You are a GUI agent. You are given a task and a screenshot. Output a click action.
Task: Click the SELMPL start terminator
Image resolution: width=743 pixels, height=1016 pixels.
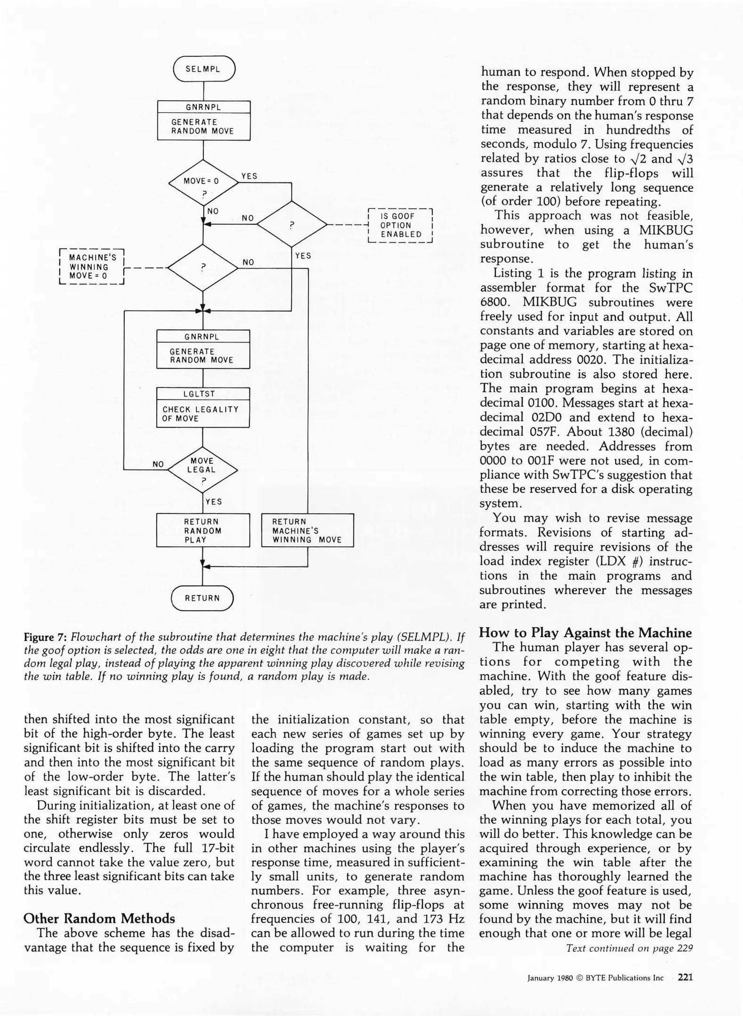203,69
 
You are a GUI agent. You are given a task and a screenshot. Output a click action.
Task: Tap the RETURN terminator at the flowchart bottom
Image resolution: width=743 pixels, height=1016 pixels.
202,598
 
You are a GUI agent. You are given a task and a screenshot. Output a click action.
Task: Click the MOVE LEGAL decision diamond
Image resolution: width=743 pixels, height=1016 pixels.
202,469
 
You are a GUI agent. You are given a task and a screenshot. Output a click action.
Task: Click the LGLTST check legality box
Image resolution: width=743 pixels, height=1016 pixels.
202,407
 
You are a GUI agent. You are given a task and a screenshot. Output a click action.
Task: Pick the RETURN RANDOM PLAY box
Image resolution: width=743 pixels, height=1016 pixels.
202,531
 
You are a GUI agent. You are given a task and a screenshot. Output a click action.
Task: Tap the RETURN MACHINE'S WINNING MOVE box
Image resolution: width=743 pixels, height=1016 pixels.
307,531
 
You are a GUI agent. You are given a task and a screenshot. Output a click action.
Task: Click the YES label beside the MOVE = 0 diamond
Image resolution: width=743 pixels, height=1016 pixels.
249,176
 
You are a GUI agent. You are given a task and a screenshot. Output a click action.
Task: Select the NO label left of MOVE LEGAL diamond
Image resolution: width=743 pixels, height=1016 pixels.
158,464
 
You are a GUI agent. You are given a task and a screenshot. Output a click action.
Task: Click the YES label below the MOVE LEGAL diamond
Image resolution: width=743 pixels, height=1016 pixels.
214,502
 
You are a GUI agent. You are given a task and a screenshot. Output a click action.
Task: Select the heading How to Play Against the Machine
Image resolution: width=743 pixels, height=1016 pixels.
585,633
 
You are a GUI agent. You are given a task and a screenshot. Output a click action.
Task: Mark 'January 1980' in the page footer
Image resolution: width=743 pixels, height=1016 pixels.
549,978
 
